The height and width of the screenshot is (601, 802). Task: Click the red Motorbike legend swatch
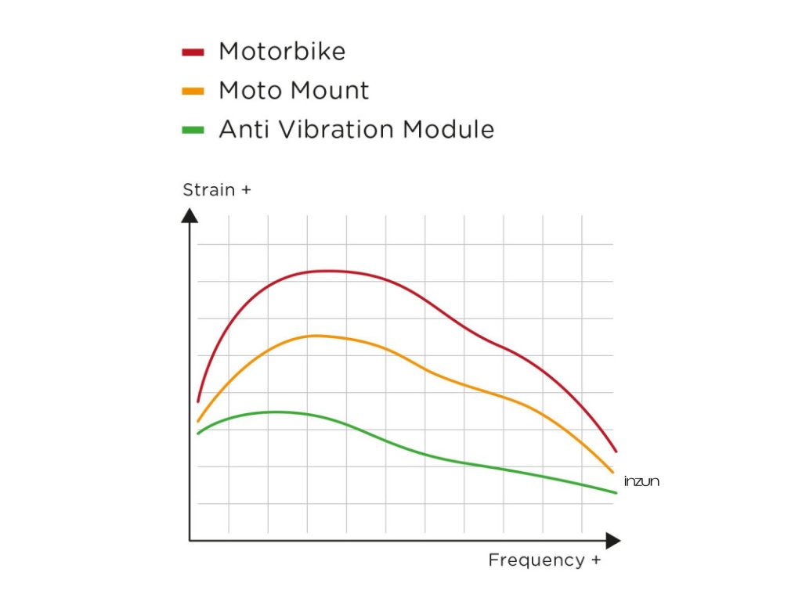pyautogui.click(x=193, y=52)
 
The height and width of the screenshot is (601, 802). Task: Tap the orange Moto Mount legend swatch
pyautogui.click(x=193, y=91)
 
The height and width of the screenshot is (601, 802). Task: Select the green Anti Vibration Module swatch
pyautogui.click(x=193, y=129)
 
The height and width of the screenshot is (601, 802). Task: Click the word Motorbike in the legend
pyautogui.click(x=282, y=52)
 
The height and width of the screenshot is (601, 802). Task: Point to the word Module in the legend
pyautogui.click(x=449, y=128)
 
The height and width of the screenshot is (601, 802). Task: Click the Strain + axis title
pyautogui.click(x=217, y=190)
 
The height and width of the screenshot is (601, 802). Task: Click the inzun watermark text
pyautogui.click(x=641, y=481)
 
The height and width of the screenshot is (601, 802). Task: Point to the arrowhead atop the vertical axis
pyautogui.click(x=190, y=214)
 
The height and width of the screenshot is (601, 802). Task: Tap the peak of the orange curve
pyautogui.click(x=315, y=336)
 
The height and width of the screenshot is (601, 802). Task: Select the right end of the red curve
pyautogui.click(x=616, y=452)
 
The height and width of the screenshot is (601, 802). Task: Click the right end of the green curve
pyautogui.click(x=616, y=492)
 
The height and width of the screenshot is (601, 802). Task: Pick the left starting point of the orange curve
pyautogui.click(x=197, y=421)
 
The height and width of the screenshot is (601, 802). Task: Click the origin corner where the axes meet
pyautogui.click(x=190, y=540)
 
